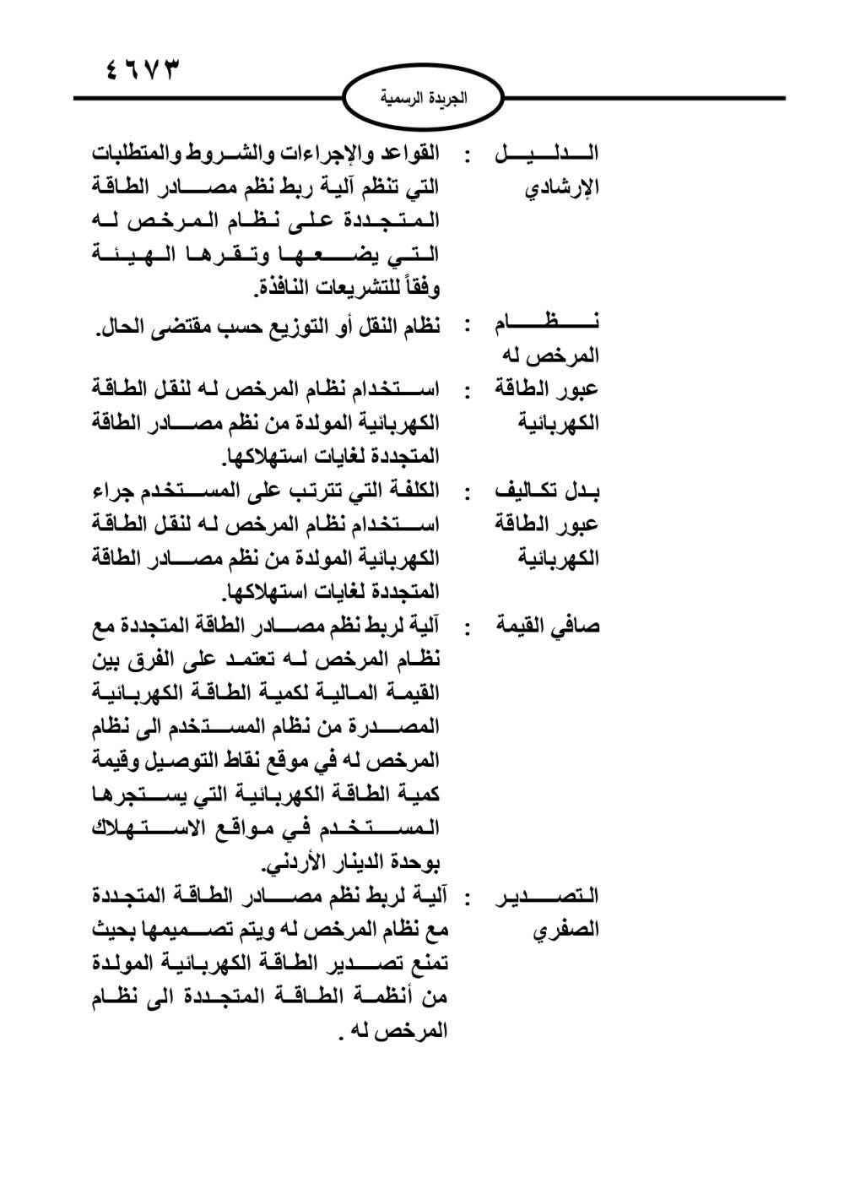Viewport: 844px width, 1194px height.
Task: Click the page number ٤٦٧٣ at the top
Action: click(x=143, y=68)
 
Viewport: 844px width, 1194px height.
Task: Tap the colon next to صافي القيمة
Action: click(x=467, y=627)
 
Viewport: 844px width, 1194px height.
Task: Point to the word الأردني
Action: click(x=294, y=863)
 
